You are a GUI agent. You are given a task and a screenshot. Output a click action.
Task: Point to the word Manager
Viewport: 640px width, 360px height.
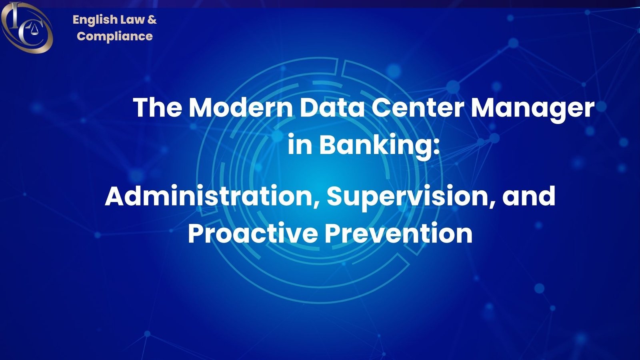(x=532, y=108)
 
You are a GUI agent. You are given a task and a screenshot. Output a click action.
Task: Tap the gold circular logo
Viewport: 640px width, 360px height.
(x=26, y=27)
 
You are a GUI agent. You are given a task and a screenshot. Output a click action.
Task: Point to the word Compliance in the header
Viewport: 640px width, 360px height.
(x=115, y=36)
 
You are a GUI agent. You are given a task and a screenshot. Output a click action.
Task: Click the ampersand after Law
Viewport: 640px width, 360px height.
(x=152, y=19)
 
